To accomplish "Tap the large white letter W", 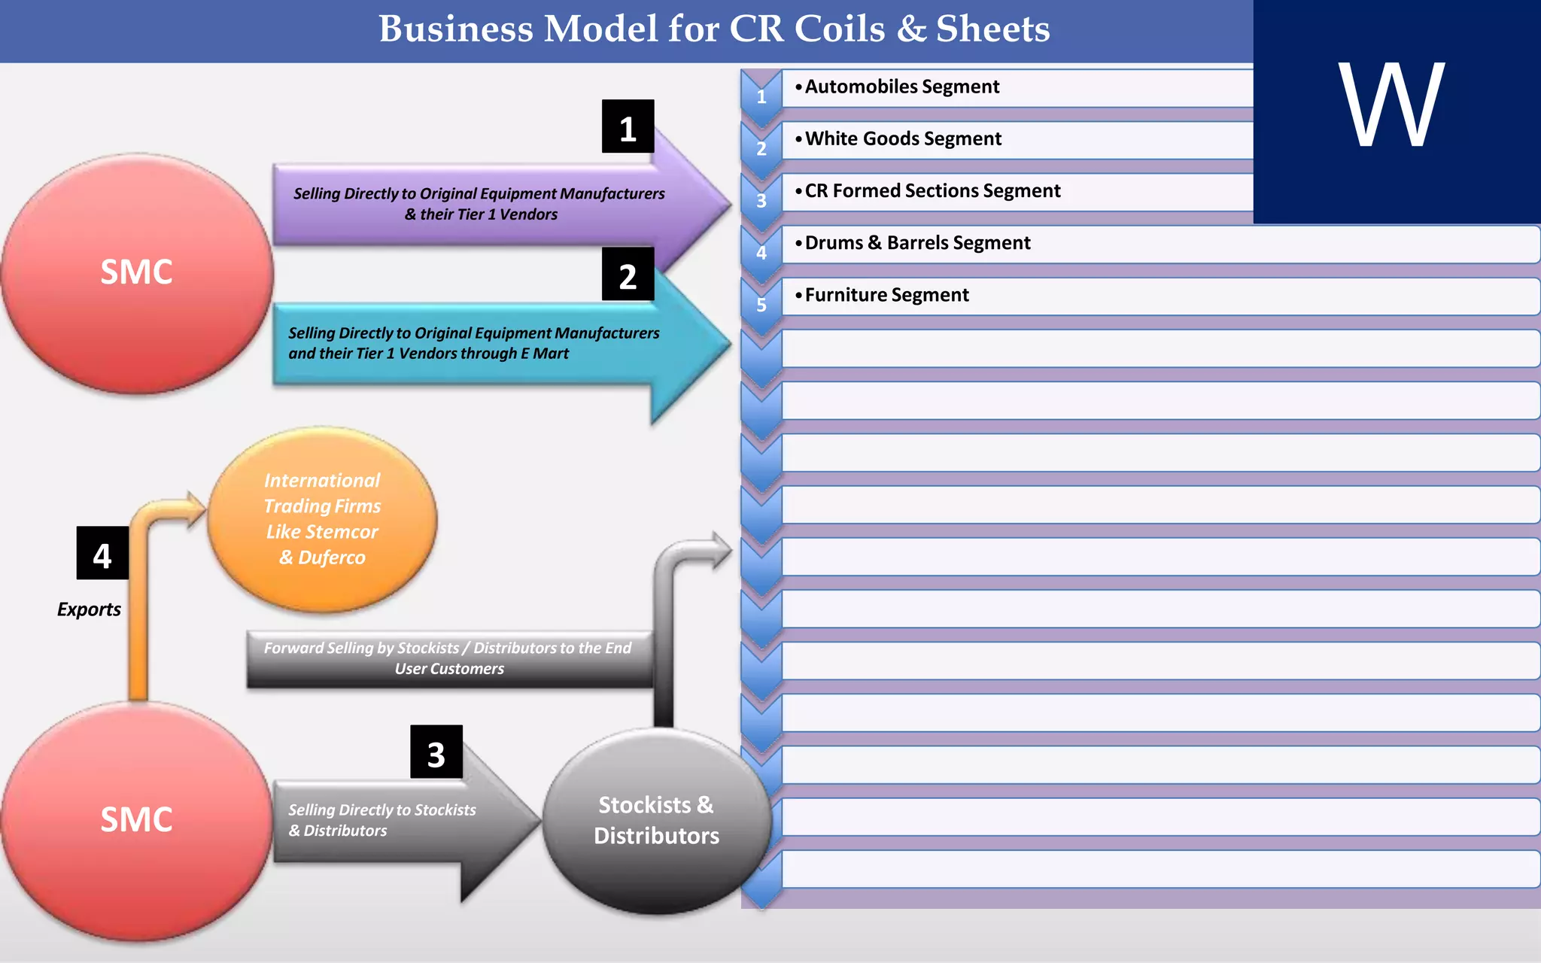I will [x=1391, y=105].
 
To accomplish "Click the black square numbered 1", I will [x=628, y=127].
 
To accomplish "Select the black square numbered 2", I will [x=628, y=275].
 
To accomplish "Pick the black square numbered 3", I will [x=436, y=752].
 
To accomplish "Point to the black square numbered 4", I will [x=102, y=554].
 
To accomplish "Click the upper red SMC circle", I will [x=137, y=272].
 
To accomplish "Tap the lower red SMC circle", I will [x=137, y=820].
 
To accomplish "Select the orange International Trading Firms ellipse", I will [x=322, y=519].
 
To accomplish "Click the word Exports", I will [x=89, y=609].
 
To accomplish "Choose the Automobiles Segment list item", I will [x=901, y=87].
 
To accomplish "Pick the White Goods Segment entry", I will [x=903, y=139].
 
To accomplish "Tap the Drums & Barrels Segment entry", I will [x=917, y=243].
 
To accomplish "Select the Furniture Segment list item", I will [x=886, y=295].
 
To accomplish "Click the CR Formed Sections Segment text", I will [x=932, y=191].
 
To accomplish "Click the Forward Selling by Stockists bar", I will [x=449, y=658].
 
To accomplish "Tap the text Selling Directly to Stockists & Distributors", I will [x=381, y=820].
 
